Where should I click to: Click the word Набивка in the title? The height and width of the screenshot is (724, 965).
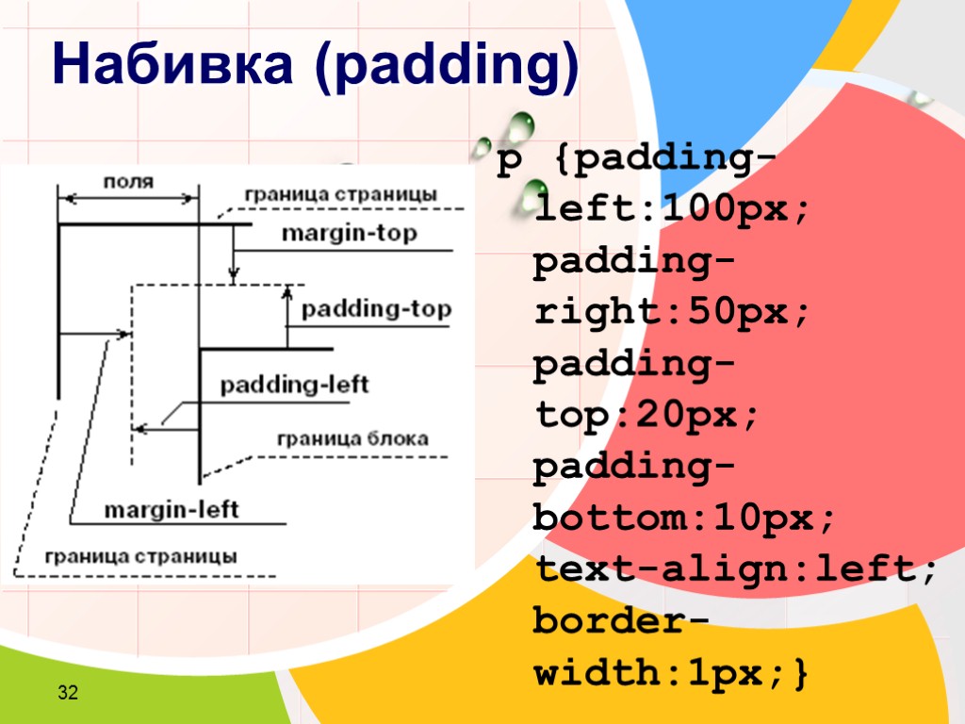[176, 66]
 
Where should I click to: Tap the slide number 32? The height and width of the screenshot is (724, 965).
[67, 695]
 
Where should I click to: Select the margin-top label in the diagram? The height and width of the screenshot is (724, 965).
[349, 235]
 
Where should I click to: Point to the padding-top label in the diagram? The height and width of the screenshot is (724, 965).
[376, 309]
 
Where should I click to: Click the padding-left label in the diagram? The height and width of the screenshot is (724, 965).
[294, 385]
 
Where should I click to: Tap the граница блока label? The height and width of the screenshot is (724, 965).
[352, 438]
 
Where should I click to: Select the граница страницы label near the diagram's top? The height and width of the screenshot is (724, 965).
[340, 194]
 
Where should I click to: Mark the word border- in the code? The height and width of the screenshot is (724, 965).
[622, 621]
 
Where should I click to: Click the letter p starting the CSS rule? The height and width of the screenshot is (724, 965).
[508, 162]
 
